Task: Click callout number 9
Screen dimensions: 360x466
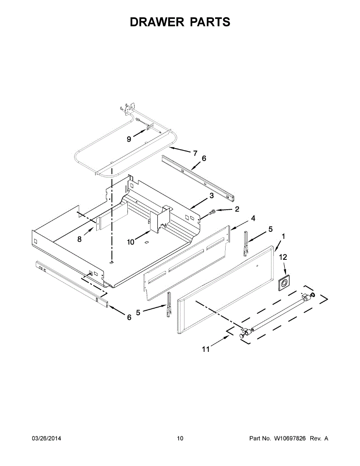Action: pos(129,139)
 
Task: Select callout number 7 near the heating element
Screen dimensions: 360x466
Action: pos(195,153)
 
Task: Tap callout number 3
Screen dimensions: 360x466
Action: pos(211,196)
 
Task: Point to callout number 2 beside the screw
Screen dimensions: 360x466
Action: pos(237,209)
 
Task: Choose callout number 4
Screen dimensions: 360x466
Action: pos(253,219)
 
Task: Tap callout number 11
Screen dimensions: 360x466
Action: pos(206,349)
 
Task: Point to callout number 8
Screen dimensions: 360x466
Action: pos(80,239)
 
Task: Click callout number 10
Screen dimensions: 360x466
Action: pos(130,242)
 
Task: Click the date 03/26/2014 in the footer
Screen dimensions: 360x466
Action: pos(46,438)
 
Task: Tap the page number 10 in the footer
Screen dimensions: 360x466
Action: pos(180,438)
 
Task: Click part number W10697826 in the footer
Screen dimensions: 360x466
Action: pos(290,438)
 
